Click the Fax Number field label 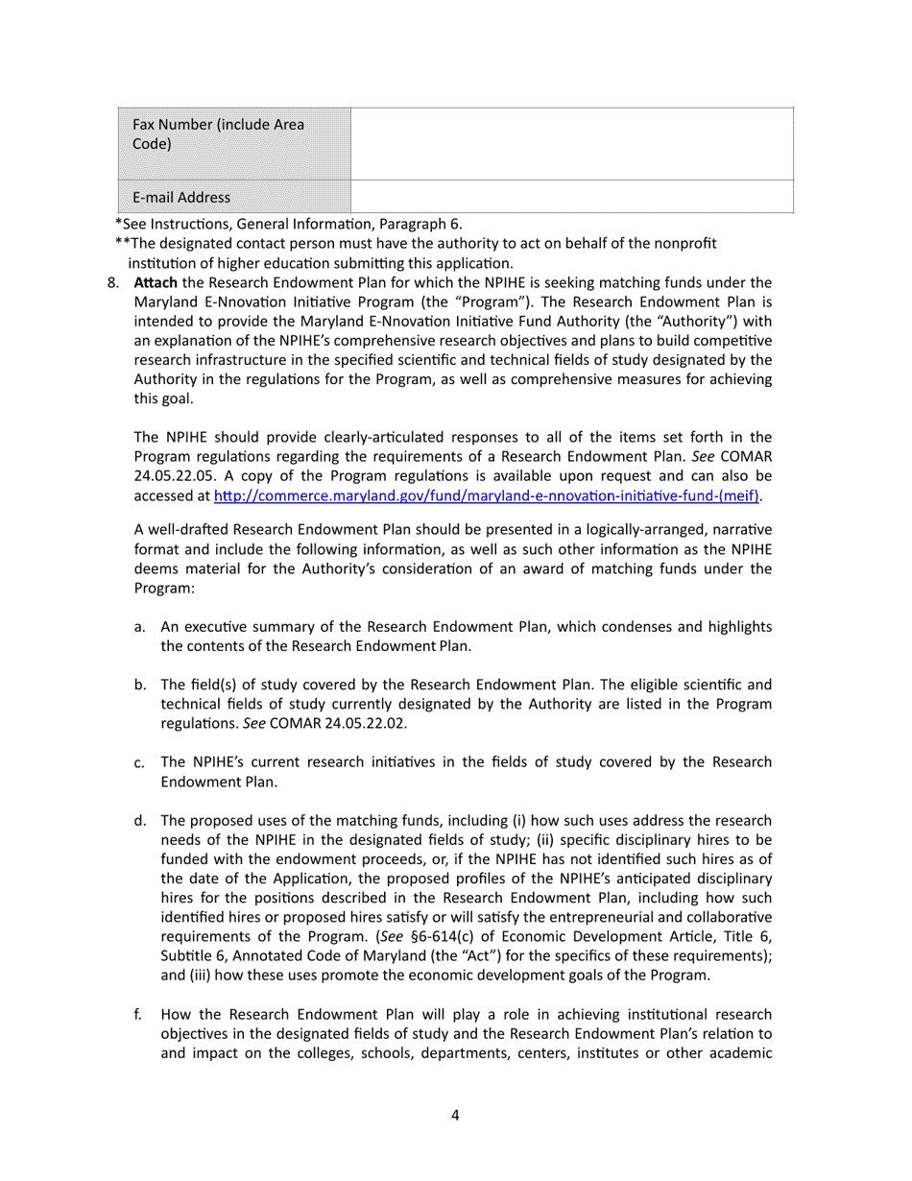(x=218, y=134)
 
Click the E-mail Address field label (x=181, y=198)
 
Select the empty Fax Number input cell (x=572, y=143)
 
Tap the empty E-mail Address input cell (x=572, y=197)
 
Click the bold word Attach (x=156, y=283)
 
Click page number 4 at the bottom (x=455, y=1115)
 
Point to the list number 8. (x=113, y=283)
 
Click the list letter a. (x=140, y=627)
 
